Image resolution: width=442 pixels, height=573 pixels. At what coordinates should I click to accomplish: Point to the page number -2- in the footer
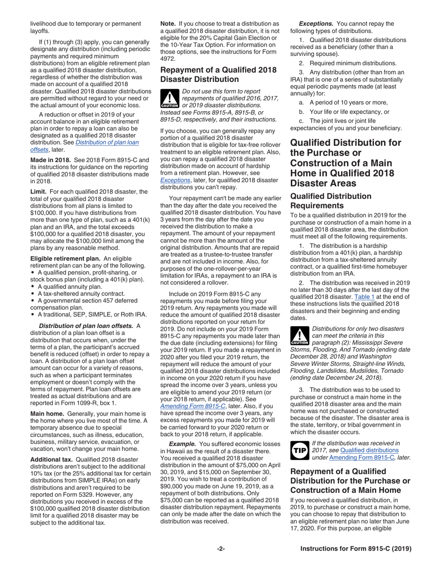click(x=221, y=549)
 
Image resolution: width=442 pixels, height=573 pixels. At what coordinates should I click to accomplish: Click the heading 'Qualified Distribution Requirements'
click(x=331, y=201)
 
